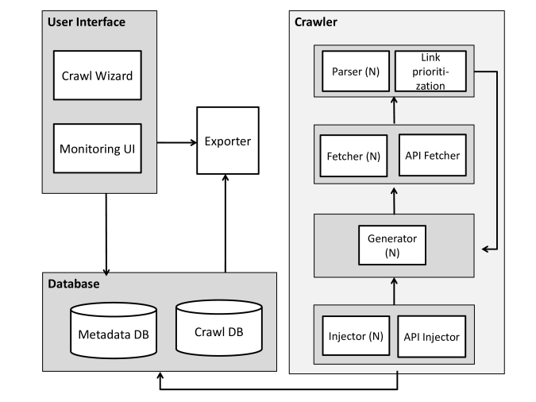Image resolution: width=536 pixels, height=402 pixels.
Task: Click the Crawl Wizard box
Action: [98, 75]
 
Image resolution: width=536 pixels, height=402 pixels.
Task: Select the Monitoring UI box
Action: [98, 149]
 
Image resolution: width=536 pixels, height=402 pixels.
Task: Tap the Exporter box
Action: [228, 141]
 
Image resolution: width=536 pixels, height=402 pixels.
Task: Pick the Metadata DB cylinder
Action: [114, 330]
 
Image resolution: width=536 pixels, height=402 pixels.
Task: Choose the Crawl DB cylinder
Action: [219, 328]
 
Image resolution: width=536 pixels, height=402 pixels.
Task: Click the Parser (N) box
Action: [356, 72]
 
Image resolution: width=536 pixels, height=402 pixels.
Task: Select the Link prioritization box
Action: [430, 72]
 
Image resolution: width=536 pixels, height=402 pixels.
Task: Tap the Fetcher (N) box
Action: [353, 156]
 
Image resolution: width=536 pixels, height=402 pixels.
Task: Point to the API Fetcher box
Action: [433, 155]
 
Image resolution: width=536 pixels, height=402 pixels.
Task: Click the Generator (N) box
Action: [392, 245]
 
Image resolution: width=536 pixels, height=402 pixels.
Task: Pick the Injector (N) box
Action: [356, 335]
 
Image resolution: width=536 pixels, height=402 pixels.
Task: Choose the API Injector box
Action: [432, 336]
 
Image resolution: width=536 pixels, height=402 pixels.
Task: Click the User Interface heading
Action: [87, 22]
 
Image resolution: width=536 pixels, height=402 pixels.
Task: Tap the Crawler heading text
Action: [316, 22]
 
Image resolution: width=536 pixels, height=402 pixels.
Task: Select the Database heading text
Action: [74, 284]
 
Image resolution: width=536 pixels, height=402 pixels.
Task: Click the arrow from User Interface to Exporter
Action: [177, 142]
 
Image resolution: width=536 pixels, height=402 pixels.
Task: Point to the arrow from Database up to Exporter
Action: [226, 223]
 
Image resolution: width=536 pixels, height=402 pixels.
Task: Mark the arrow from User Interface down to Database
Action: [106, 234]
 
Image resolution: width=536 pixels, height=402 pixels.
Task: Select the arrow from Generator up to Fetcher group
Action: [394, 201]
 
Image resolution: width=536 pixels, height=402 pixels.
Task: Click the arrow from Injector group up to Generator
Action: [394, 291]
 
